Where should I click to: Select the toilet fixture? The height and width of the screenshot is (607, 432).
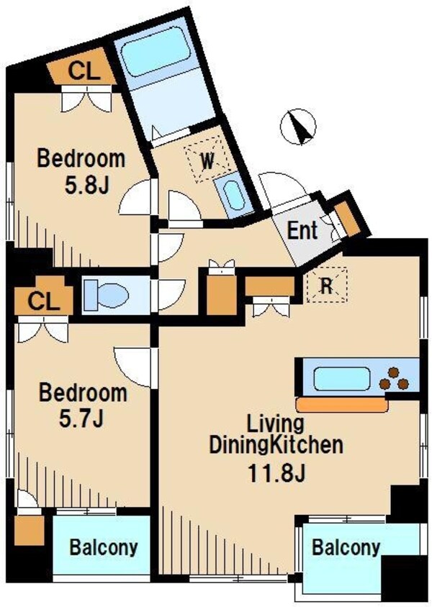[x=106, y=294]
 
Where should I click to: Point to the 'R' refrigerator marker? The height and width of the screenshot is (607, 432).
[x=326, y=286]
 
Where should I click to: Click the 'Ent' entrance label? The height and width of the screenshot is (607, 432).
[x=302, y=232]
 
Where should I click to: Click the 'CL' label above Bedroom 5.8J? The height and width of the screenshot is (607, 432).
[x=84, y=70]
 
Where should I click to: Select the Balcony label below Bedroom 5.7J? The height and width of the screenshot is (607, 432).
[x=103, y=547]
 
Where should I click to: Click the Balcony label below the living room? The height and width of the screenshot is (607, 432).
[x=345, y=547]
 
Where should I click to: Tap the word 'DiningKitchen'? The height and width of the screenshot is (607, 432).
[x=275, y=445]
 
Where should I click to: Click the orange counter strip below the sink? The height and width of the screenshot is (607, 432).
[x=341, y=404]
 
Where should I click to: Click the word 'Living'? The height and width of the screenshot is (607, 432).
[x=275, y=423]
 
